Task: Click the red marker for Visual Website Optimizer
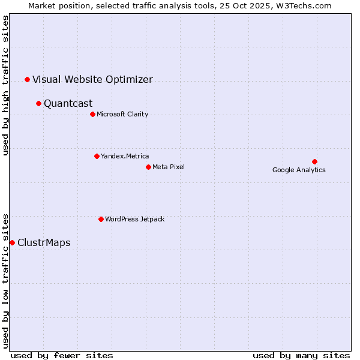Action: (x=27, y=79)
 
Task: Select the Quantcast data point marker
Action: (x=38, y=103)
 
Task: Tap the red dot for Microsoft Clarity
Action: (x=92, y=114)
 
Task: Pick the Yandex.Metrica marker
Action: (x=97, y=156)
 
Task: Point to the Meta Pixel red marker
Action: (x=148, y=167)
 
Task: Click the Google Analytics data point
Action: (x=314, y=161)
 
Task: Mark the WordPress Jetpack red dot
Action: (x=101, y=219)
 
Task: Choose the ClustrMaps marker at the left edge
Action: (x=12, y=242)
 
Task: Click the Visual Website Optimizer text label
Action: (x=92, y=79)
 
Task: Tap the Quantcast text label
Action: (x=68, y=103)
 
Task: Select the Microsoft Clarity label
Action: (x=122, y=114)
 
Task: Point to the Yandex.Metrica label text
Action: (x=125, y=156)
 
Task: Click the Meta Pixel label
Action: (x=169, y=167)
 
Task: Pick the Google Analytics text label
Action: (x=299, y=170)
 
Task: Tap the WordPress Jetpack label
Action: (x=134, y=219)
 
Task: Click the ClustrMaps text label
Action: (x=44, y=242)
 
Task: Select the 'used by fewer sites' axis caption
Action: (x=62, y=355)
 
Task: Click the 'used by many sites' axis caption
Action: (x=301, y=355)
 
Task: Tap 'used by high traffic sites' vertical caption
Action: (x=5, y=86)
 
